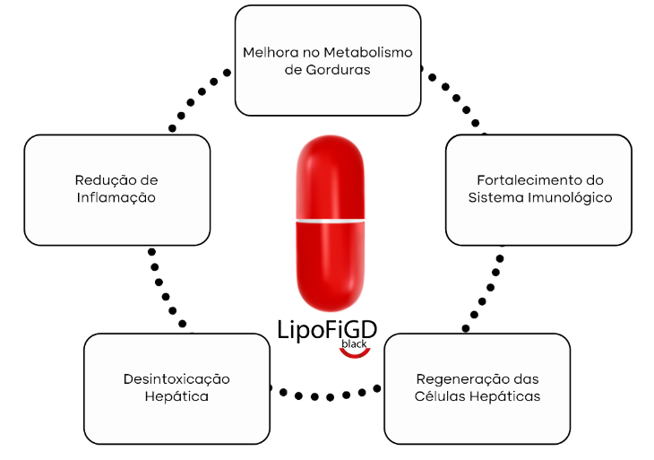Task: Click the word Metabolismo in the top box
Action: coord(366,52)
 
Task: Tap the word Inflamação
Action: coord(116,197)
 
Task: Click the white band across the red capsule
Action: coord(331,220)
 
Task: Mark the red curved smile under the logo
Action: coord(356,352)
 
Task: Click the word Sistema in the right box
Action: coord(495,197)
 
